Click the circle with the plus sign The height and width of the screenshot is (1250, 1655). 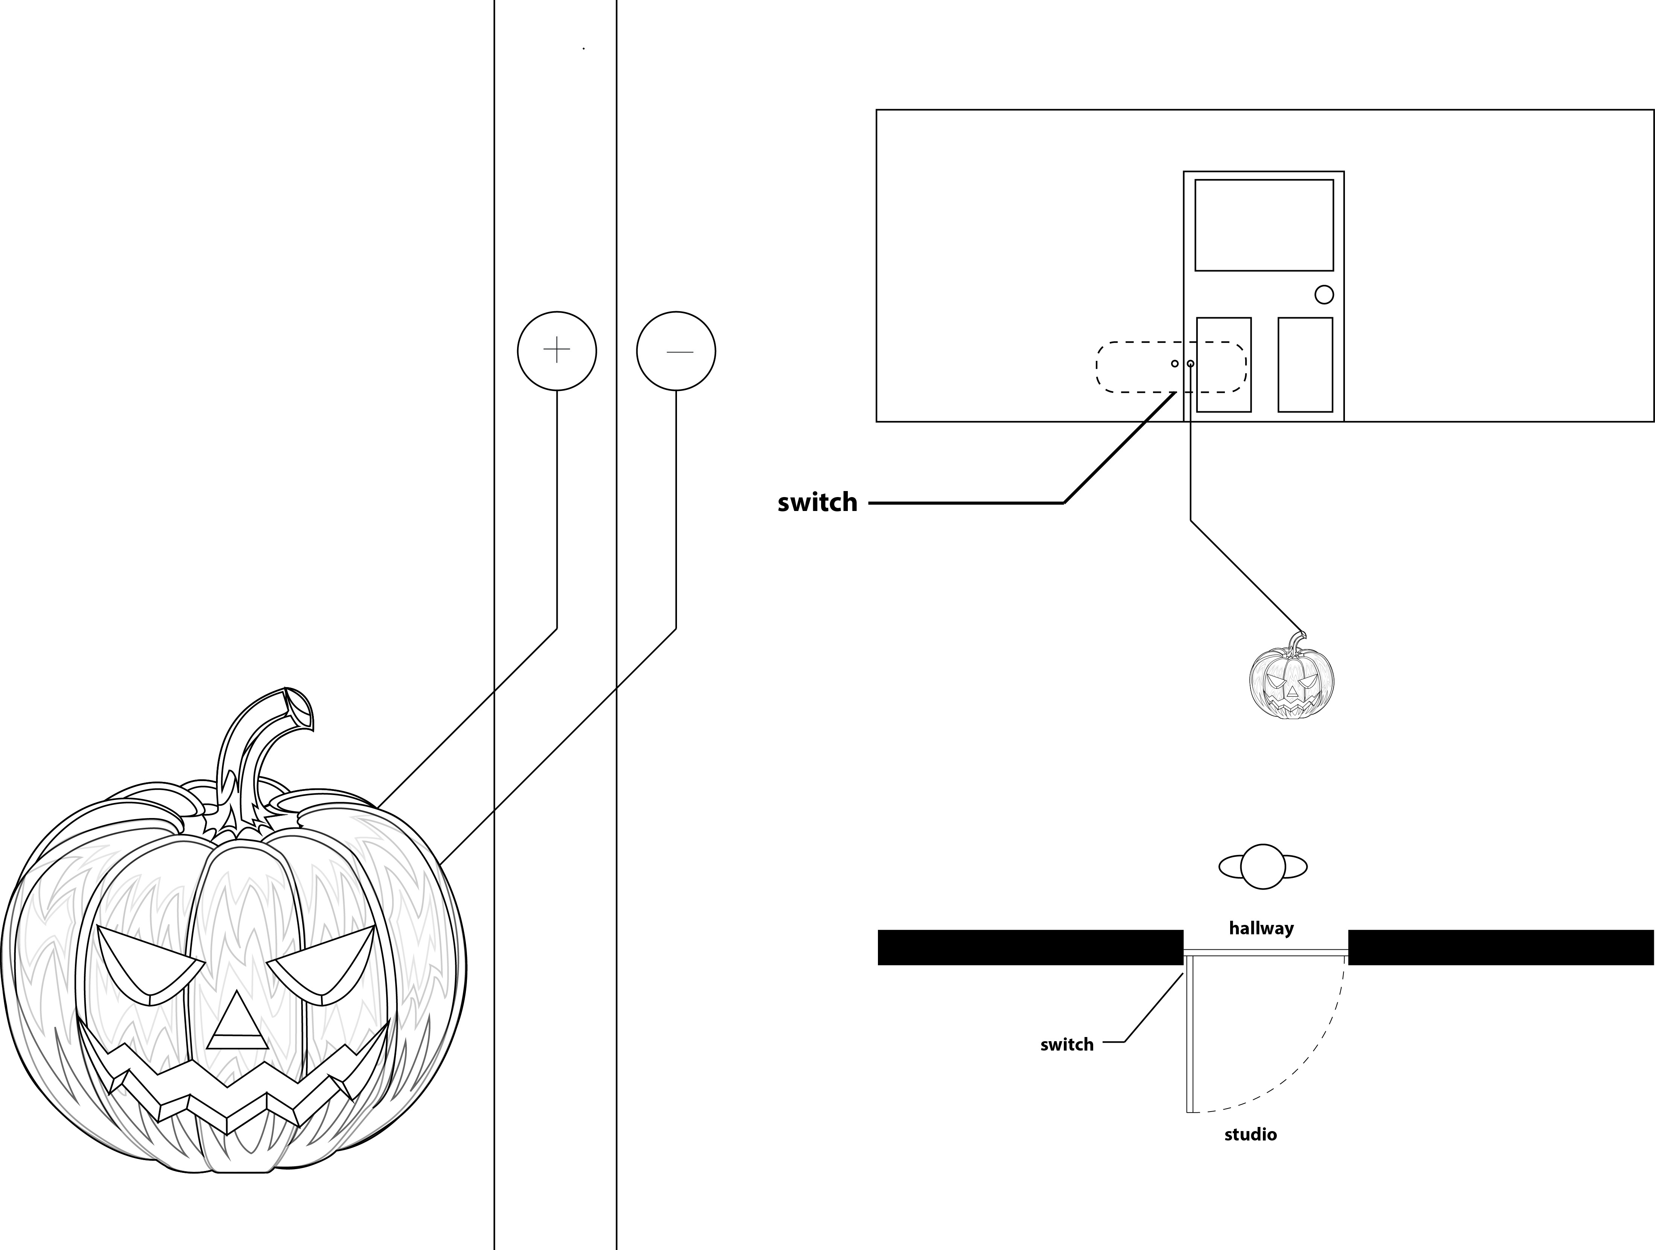pyautogui.click(x=557, y=351)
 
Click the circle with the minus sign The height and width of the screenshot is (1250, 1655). pyautogui.click(x=675, y=351)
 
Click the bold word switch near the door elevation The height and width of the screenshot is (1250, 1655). pyautogui.click(x=817, y=503)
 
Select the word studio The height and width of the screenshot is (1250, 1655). pyautogui.click(x=1250, y=1135)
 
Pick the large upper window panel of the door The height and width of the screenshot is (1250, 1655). pyautogui.click(x=1264, y=224)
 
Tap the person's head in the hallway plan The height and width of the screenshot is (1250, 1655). pyautogui.click(x=1263, y=867)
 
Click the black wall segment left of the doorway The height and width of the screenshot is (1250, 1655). pyautogui.click(x=1030, y=947)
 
